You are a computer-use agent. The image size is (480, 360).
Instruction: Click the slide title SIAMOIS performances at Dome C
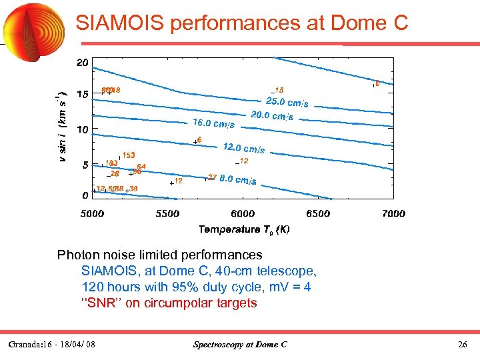(241, 24)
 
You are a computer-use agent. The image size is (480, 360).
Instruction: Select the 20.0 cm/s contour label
(271, 115)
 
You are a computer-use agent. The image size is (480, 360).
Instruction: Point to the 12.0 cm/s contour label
(243, 148)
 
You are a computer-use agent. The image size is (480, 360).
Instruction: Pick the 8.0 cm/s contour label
(238, 180)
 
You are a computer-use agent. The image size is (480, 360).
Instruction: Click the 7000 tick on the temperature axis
(393, 213)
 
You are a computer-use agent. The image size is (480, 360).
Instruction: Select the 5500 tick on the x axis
(167, 213)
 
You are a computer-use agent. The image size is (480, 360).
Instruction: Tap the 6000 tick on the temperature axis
(243, 213)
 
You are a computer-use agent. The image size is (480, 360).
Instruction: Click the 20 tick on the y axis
(82, 63)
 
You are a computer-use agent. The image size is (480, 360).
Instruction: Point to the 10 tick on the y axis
(82, 129)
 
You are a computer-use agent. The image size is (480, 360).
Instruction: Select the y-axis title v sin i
(62, 126)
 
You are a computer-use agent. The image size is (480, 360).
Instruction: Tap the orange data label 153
(129, 155)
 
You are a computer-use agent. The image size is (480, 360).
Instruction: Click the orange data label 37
(213, 177)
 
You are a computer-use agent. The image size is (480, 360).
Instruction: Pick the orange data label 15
(279, 89)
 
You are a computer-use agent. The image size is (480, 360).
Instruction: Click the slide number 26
(463, 345)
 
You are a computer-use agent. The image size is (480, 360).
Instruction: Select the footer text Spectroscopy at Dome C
(240, 345)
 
